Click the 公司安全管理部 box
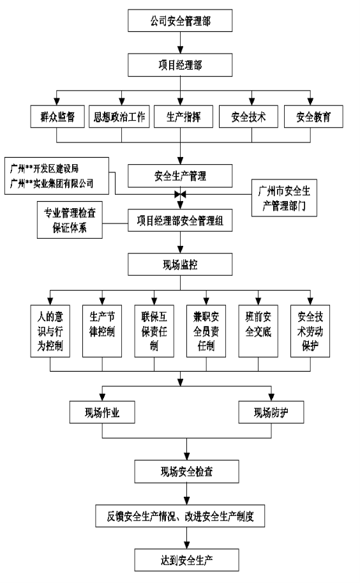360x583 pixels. tap(180, 20)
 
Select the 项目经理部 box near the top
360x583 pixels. tap(180, 65)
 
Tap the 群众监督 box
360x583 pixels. tap(57, 117)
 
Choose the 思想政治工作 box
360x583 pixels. tap(119, 117)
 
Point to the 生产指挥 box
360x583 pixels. tap(184, 117)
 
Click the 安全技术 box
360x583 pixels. tap(248, 117)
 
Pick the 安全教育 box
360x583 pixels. tap(313, 117)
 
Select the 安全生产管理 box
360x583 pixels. tap(180, 176)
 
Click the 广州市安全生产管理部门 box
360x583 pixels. tap(284, 198)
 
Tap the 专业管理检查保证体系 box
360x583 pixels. tap(70, 220)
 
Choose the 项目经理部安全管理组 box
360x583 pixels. tap(180, 220)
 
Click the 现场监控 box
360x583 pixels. tap(180, 264)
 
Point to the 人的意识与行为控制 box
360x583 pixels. tap(50, 331)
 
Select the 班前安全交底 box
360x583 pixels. tap(259, 331)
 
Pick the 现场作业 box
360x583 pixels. tap(102, 413)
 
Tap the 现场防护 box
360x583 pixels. tap(271, 413)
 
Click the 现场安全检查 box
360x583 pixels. tap(186, 471)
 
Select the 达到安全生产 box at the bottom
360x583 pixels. tap(186, 560)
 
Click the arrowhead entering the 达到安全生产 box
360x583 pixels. tap(186, 545)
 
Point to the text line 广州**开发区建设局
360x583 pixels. tap(44, 169)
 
